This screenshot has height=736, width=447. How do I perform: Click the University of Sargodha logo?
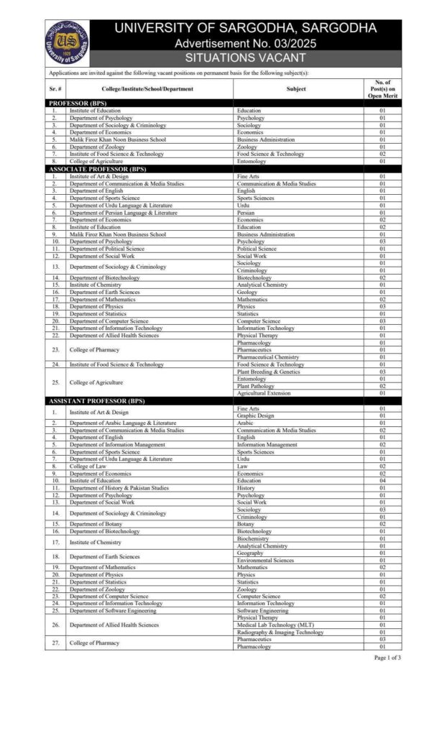tap(66, 42)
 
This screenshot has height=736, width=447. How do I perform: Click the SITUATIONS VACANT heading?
tap(245, 57)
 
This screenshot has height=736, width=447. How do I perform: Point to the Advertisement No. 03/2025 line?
tap(245, 43)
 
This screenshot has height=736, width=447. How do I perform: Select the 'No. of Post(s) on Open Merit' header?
tap(382, 88)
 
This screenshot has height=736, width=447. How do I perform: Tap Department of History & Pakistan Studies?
tap(119, 488)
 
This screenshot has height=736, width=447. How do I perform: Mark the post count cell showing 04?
tap(382, 481)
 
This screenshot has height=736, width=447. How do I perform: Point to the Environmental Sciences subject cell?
tap(265, 560)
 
